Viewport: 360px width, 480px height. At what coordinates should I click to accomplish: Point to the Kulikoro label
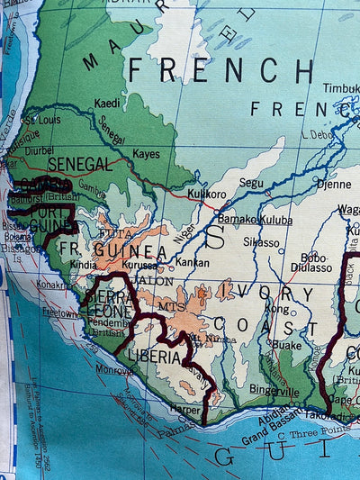click(206, 194)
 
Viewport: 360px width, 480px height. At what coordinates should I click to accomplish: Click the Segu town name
click(251, 183)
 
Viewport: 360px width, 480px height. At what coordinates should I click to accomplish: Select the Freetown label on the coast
click(60, 314)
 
